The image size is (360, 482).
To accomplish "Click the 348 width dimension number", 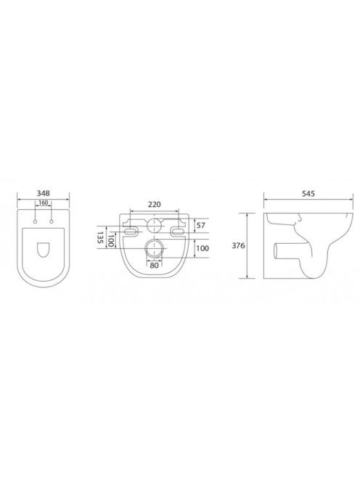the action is [x=44, y=193].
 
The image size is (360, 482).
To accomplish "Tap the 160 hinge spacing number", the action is [x=44, y=203].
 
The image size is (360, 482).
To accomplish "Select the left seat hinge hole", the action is [x=36, y=221].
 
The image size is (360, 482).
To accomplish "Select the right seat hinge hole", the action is [x=52, y=221].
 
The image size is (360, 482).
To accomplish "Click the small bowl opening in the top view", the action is [x=44, y=250].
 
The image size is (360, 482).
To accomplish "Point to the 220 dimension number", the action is [x=155, y=205].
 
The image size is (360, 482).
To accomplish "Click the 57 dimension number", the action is [x=201, y=225].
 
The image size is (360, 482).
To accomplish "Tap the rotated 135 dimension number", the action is [x=100, y=237].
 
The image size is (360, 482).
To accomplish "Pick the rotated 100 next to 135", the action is [x=110, y=240].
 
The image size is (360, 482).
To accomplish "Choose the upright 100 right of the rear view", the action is [x=202, y=248].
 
